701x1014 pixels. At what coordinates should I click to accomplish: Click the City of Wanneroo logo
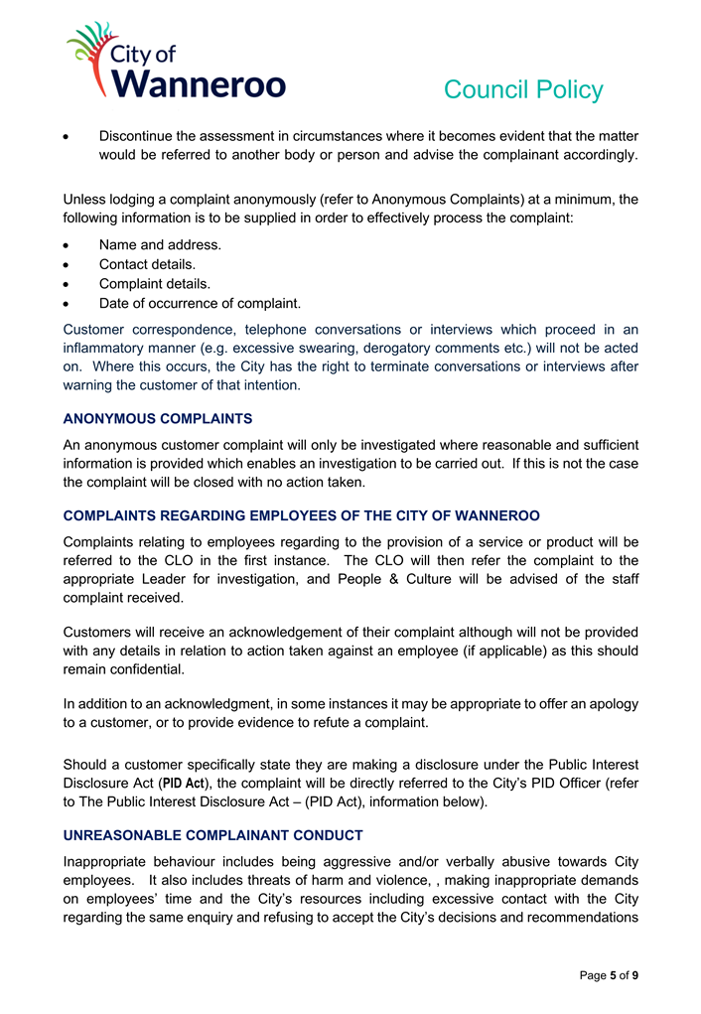coord(176,62)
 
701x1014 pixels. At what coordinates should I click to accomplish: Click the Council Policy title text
coord(522,90)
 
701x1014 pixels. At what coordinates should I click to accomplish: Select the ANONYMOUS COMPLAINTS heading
coord(158,418)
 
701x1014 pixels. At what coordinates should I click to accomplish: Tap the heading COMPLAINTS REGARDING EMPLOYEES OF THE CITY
coord(301,515)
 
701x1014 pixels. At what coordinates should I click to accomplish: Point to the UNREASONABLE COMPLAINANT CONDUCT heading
coord(212,835)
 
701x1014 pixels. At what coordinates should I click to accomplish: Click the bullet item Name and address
coord(160,244)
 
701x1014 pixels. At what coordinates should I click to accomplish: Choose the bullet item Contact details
coord(147,264)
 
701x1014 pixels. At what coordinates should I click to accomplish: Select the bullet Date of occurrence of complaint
coord(200,303)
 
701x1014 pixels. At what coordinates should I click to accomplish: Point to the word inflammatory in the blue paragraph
coord(108,348)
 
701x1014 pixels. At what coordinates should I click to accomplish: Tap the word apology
coord(613,703)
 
